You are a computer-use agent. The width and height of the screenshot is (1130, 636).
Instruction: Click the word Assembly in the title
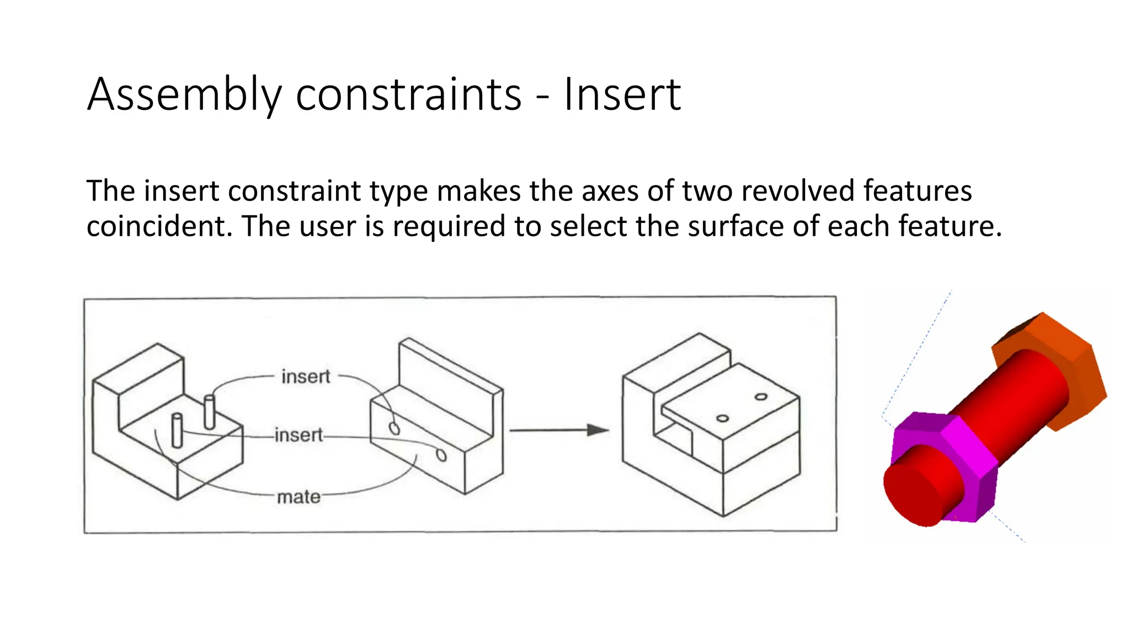[x=184, y=95]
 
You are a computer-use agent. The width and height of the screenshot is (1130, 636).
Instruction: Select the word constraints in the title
[x=408, y=95]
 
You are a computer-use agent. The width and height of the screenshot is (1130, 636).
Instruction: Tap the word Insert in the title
[x=622, y=95]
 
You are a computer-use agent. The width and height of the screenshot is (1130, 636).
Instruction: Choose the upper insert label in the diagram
[x=306, y=377]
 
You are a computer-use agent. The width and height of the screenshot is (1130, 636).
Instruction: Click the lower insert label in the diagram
[x=299, y=435]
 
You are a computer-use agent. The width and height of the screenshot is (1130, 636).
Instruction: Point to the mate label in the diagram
[x=299, y=497]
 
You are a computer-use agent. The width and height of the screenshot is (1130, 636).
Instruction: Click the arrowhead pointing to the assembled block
[x=597, y=430]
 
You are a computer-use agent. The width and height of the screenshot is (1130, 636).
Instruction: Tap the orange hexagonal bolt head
[x=1065, y=364]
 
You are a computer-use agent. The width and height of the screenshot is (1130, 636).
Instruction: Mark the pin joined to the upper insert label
[x=209, y=411]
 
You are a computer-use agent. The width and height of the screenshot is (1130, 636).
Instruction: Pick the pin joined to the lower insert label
[x=177, y=431]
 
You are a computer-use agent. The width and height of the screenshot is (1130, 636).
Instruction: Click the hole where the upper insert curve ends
[x=394, y=428]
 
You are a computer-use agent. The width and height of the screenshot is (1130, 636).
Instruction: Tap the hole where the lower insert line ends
[x=441, y=455]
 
